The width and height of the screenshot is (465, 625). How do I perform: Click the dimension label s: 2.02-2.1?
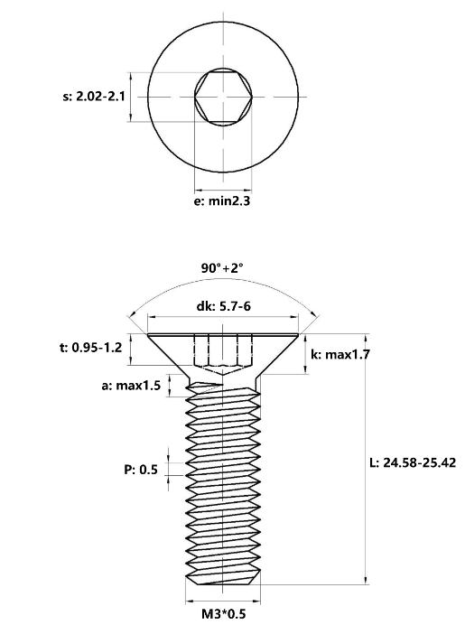pos(94,97)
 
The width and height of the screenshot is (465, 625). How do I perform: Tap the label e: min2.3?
pos(222,201)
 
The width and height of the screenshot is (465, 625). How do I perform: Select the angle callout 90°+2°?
pos(221,268)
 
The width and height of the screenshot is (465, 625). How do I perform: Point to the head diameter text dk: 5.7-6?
pos(224,306)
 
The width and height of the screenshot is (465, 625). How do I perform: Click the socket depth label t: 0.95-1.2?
pos(91,348)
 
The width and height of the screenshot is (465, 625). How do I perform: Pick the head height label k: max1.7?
pos(340,354)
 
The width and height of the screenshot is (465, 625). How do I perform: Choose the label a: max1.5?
pos(131,386)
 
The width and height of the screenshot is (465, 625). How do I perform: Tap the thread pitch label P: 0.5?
pos(141,470)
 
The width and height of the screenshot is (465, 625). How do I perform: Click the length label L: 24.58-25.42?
pos(413,462)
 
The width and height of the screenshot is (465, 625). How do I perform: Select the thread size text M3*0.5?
pos(224,614)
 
